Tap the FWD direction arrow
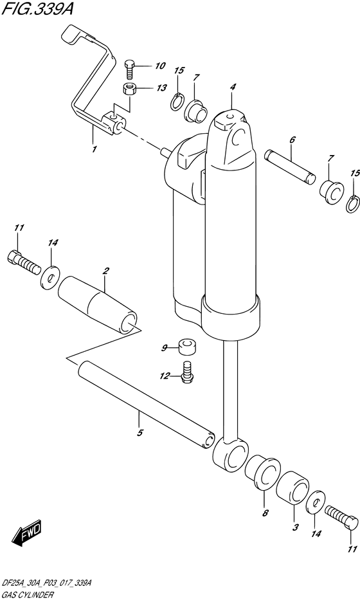(x=27, y=532)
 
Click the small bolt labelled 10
(x=130, y=68)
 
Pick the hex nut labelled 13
(x=130, y=88)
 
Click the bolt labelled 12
(x=187, y=372)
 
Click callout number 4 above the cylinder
(x=233, y=87)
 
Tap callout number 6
(x=292, y=140)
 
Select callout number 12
(x=165, y=376)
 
